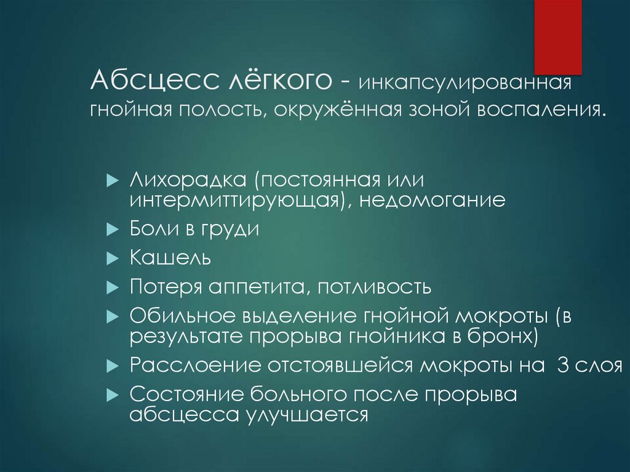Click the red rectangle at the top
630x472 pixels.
click(x=558, y=37)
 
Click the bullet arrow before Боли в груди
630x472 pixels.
click(x=112, y=230)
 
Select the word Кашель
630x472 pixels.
click(x=170, y=257)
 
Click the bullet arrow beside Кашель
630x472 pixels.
click(x=112, y=258)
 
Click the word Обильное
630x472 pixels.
click(x=183, y=316)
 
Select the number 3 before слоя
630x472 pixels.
click(x=562, y=364)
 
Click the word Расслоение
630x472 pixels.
click(x=196, y=364)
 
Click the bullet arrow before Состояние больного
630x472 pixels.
click(x=112, y=394)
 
